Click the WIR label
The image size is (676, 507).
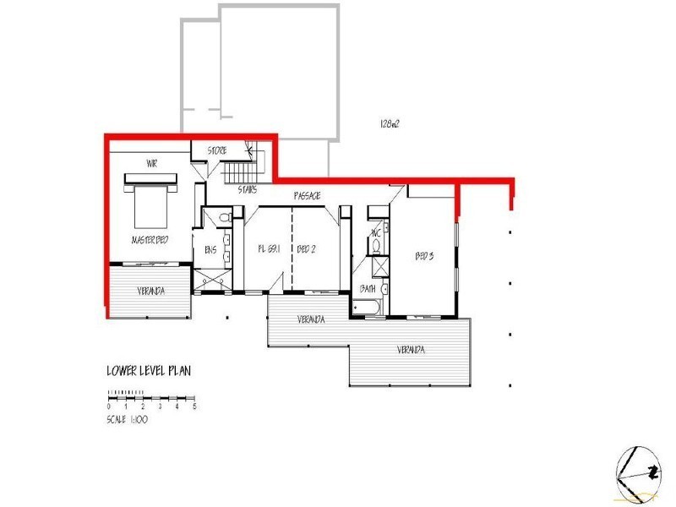(152, 163)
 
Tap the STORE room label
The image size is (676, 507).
(217, 151)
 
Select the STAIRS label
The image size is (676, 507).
(248, 189)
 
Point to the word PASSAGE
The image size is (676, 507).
(307, 196)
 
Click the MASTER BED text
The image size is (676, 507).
(150, 240)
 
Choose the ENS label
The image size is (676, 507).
(210, 249)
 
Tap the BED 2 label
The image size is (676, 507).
(306, 249)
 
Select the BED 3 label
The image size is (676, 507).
(423, 255)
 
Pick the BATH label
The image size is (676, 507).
(368, 288)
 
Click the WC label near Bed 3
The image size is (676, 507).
(376, 233)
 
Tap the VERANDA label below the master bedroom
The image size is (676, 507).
(151, 292)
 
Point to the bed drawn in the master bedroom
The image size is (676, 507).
(150, 198)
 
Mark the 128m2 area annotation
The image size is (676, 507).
(389, 123)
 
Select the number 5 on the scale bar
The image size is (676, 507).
(195, 407)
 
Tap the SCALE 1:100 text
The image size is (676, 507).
(128, 419)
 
